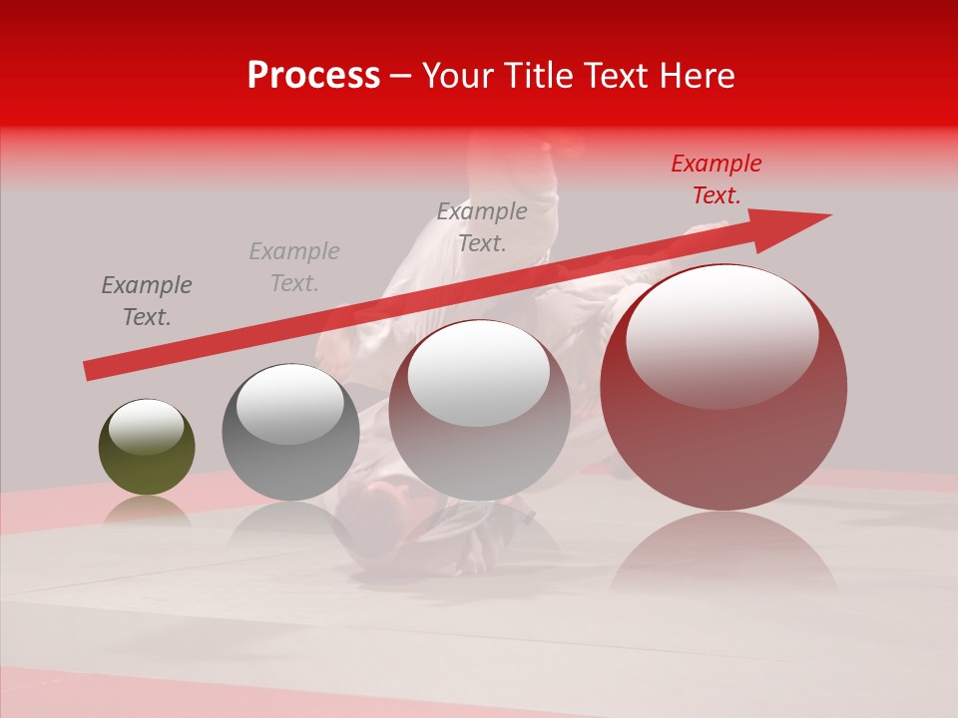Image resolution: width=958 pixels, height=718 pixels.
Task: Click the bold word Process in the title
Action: pyautogui.click(x=313, y=76)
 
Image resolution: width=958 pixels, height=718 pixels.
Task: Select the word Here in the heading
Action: pyautogui.click(x=696, y=76)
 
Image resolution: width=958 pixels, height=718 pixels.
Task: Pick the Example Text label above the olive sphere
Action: pyautogui.click(x=146, y=301)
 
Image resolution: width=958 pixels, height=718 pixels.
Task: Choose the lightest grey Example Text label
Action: pyautogui.click(x=293, y=267)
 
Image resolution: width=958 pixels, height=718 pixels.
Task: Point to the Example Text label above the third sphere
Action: pyautogui.click(x=482, y=227)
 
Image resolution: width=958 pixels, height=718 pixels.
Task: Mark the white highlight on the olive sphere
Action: pyautogui.click(x=146, y=428)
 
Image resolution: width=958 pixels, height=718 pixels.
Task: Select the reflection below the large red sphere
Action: pyautogui.click(x=723, y=558)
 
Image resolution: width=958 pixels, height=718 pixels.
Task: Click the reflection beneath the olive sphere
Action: pyautogui.click(x=147, y=512)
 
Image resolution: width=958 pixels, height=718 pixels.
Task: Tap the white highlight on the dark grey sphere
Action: pyautogui.click(x=289, y=405)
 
